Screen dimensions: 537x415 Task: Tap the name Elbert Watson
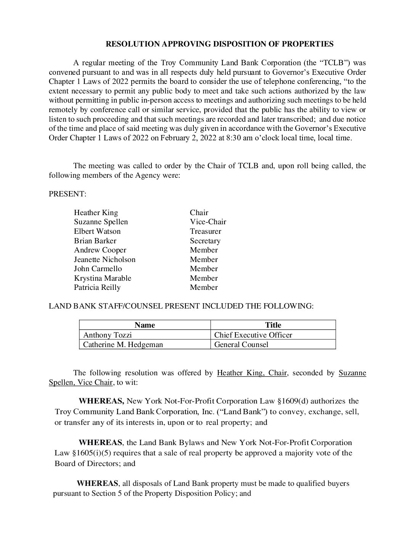tap(97, 231)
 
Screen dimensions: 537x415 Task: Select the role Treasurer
tap(205, 231)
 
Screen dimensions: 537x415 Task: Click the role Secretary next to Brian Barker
tap(205, 241)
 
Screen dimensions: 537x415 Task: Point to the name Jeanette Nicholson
tap(105, 259)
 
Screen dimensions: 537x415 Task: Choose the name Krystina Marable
tap(102, 278)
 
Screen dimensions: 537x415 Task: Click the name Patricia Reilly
tap(97, 287)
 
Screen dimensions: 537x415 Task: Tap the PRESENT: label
tap(68, 194)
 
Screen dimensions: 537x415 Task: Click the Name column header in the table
tap(145, 325)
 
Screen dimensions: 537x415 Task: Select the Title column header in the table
tap(273, 325)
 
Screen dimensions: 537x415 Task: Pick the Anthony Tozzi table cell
tap(108, 335)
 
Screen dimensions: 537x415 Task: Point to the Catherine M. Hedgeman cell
tap(123, 344)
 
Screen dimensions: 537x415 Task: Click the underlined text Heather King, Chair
tap(251, 373)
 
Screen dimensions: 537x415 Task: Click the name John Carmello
tap(98, 268)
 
